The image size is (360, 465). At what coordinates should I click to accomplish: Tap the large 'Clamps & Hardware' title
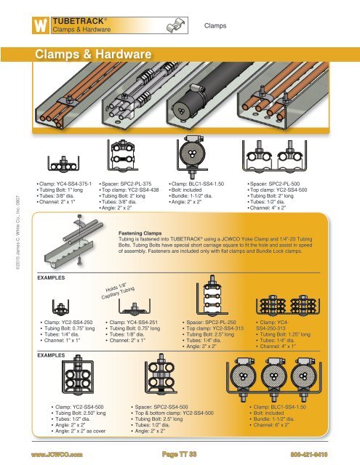click(x=91, y=57)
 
